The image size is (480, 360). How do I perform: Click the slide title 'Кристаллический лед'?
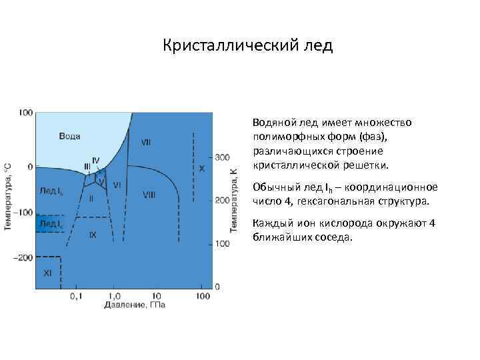click(247, 46)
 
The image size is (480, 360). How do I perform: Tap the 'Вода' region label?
click(70, 136)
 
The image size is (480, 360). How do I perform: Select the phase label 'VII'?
click(146, 143)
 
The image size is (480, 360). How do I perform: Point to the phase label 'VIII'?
click(149, 195)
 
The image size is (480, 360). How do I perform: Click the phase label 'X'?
click(202, 169)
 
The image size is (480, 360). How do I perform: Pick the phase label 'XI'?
click(47, 273)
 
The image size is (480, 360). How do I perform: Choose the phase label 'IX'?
click(93, 235)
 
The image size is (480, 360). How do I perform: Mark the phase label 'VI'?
click(117, 185)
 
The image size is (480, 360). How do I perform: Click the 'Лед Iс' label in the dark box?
click(50, 223)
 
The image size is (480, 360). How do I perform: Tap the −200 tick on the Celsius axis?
click(25, 257)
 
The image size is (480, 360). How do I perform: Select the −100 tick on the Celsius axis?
click(25, 212)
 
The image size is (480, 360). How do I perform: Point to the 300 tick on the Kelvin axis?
click(222, 157)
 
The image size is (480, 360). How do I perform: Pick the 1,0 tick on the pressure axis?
click(114, 295)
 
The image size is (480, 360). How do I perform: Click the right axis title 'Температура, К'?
click(234, 200)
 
